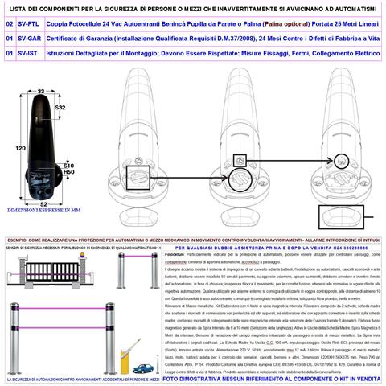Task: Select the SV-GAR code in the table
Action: click(x=30, y=38)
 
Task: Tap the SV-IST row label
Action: click(x=29, y=51)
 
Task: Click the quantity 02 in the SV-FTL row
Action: click(x=8, y=24)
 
